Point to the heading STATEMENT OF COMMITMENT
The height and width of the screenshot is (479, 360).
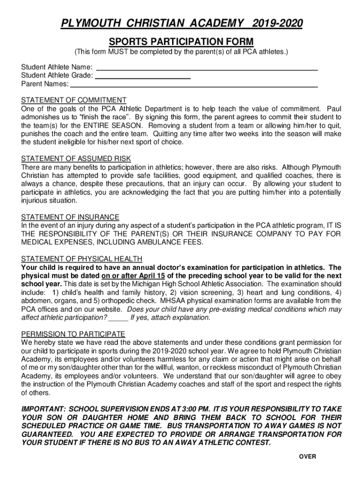[74, 100]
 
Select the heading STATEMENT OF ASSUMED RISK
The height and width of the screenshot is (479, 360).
[76, 159]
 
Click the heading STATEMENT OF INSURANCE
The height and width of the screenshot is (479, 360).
[70, 217]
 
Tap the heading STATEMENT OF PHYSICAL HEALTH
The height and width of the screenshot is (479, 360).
[82, 259]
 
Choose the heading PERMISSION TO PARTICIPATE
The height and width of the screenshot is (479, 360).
[73, 334]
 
